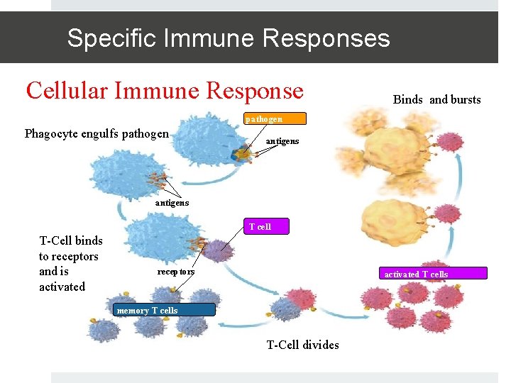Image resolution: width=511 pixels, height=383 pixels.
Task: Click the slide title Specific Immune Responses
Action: point(228,38)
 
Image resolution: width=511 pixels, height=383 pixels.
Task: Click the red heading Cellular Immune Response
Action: point(165,91)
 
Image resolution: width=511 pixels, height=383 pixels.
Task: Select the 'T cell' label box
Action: point(260,227)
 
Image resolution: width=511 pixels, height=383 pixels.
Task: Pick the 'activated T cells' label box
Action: point(416,274)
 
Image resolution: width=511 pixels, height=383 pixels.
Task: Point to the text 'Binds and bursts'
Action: point(436,99)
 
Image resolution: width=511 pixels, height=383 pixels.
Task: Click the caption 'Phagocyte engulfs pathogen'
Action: point(97,133)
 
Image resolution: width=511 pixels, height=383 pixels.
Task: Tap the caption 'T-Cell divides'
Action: point(302,345)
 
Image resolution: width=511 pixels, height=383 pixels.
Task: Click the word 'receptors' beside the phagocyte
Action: point(175,272)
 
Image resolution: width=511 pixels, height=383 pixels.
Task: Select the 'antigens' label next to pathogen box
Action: point(282,141)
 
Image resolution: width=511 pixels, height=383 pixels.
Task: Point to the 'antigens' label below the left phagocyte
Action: point(172,203)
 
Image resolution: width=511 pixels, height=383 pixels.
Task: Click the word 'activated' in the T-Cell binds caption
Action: point(62,287)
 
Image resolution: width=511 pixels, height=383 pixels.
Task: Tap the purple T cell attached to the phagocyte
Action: point(218,250)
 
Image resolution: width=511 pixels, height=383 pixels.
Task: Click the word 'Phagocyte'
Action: point(52,133)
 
